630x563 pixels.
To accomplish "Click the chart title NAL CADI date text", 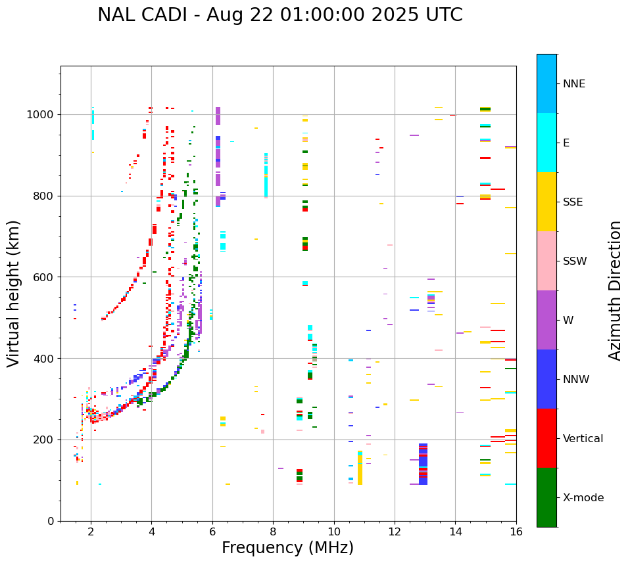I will tap(280, 15).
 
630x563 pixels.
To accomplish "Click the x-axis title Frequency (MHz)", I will tap(287, 548).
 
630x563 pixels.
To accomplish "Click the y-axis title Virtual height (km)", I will tap(14, 293).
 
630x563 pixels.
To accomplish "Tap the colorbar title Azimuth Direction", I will tap(615, 290).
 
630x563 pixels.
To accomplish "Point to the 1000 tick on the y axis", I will tap(43, 115).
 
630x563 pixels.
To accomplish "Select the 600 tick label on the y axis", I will tap(45, 277).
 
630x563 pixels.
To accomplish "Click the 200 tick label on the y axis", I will tap(45, 439).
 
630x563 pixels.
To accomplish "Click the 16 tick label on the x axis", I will tap(516, 531).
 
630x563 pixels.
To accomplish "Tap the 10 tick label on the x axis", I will tap(333, 531).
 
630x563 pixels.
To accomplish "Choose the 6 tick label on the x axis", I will tap(212, 531).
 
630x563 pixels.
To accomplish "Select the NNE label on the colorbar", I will tap(574, 84).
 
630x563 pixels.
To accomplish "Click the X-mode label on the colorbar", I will tap(583, 498).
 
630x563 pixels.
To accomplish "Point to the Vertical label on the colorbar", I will tap(583, 439).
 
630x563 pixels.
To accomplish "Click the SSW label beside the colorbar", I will tap(575, 261).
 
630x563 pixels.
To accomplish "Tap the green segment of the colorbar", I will tap(546, 497).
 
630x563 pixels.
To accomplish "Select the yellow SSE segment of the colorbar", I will tap(546, 202).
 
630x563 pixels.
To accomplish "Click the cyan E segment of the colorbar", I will tap(546, 143).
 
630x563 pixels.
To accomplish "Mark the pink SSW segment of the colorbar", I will tap(546, 261).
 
